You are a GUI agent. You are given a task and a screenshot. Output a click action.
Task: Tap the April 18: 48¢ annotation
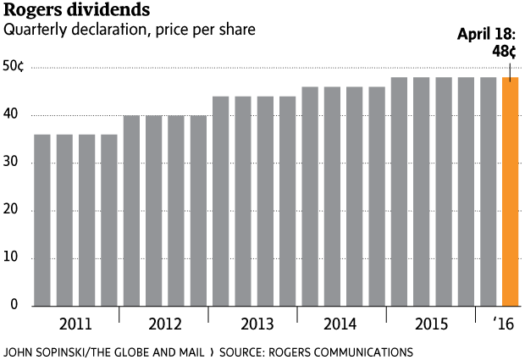[x=486, y=43]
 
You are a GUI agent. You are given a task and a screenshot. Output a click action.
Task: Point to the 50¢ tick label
[x=14, y=67]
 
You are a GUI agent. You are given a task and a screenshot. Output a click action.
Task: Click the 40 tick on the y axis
[x=14, y=115]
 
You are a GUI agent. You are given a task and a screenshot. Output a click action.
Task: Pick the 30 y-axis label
[x=14, y=163]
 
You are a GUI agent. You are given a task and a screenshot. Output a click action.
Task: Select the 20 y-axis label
[x=14, y=210]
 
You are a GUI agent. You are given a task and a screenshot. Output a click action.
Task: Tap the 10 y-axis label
[x=14, y=258]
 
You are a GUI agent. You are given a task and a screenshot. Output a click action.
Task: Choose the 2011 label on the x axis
[x=75, y=325]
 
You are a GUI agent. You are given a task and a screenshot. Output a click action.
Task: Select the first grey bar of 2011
[x=42, y=220]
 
